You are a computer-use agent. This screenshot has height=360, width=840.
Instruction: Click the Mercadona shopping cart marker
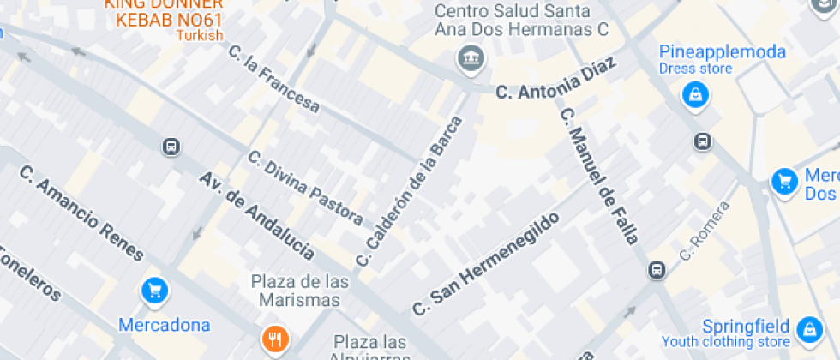point(154,291)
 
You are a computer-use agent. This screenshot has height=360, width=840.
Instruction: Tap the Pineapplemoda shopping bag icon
point(695,94)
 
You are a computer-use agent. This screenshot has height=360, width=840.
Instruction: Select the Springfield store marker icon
point(808,329)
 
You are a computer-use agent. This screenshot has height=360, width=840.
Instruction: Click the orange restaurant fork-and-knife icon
point(274,339)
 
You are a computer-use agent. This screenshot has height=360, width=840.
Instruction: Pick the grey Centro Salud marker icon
point(470,59)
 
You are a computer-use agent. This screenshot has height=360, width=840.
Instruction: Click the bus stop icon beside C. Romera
point(657,271)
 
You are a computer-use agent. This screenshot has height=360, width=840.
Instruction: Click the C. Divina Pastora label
point(305,188)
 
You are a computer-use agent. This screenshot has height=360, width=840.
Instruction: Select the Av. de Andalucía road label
point(256,215)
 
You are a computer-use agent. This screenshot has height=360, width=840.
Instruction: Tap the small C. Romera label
point(704,231)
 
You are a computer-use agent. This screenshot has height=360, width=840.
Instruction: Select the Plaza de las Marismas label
point(301,291)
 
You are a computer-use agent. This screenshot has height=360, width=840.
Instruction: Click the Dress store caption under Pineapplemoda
point(695,69)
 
